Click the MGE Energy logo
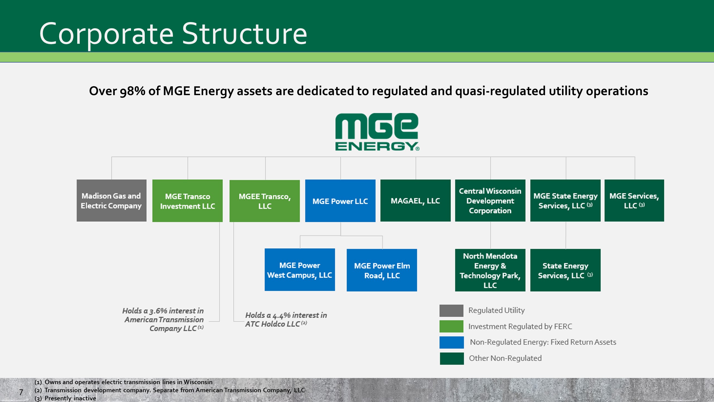click(x=377, y=132)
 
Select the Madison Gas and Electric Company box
click(x=112, y=200)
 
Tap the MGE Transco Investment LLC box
click(x=187, y=201)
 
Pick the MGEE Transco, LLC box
click(x=264, y=201)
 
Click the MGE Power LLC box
click(x=340, y=201)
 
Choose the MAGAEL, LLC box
click(x=415, y=200)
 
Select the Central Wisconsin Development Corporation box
click(x=490, y=200)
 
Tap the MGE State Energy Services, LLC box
click(x=565, y=200)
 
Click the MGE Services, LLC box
click(x=634, y=200)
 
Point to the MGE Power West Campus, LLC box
click(x=300, y=270)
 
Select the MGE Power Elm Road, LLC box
click(x=382, y=270)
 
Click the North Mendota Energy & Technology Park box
click(x=490, y=270)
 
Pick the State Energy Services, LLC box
click(x=565, y=270)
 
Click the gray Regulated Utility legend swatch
click(x=451, y=310)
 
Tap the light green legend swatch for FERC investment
click(x=451, y=326)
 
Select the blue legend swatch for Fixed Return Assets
click(x=451, y=342)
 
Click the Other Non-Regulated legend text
click(x=505, y=358)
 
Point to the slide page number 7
click(x=21, y=392)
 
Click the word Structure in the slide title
click(x=244, y=34)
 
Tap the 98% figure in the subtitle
click(x=132, y=91)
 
